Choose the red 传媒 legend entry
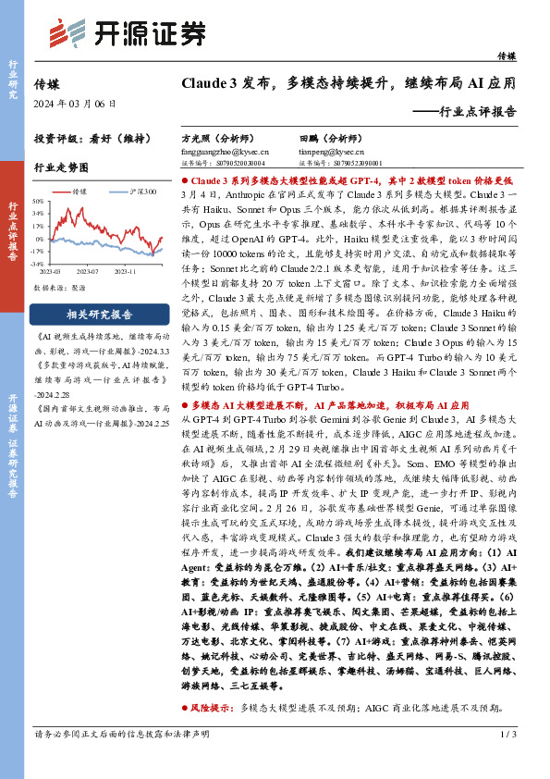tap(79, 192)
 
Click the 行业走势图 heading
tap(61, 167)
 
